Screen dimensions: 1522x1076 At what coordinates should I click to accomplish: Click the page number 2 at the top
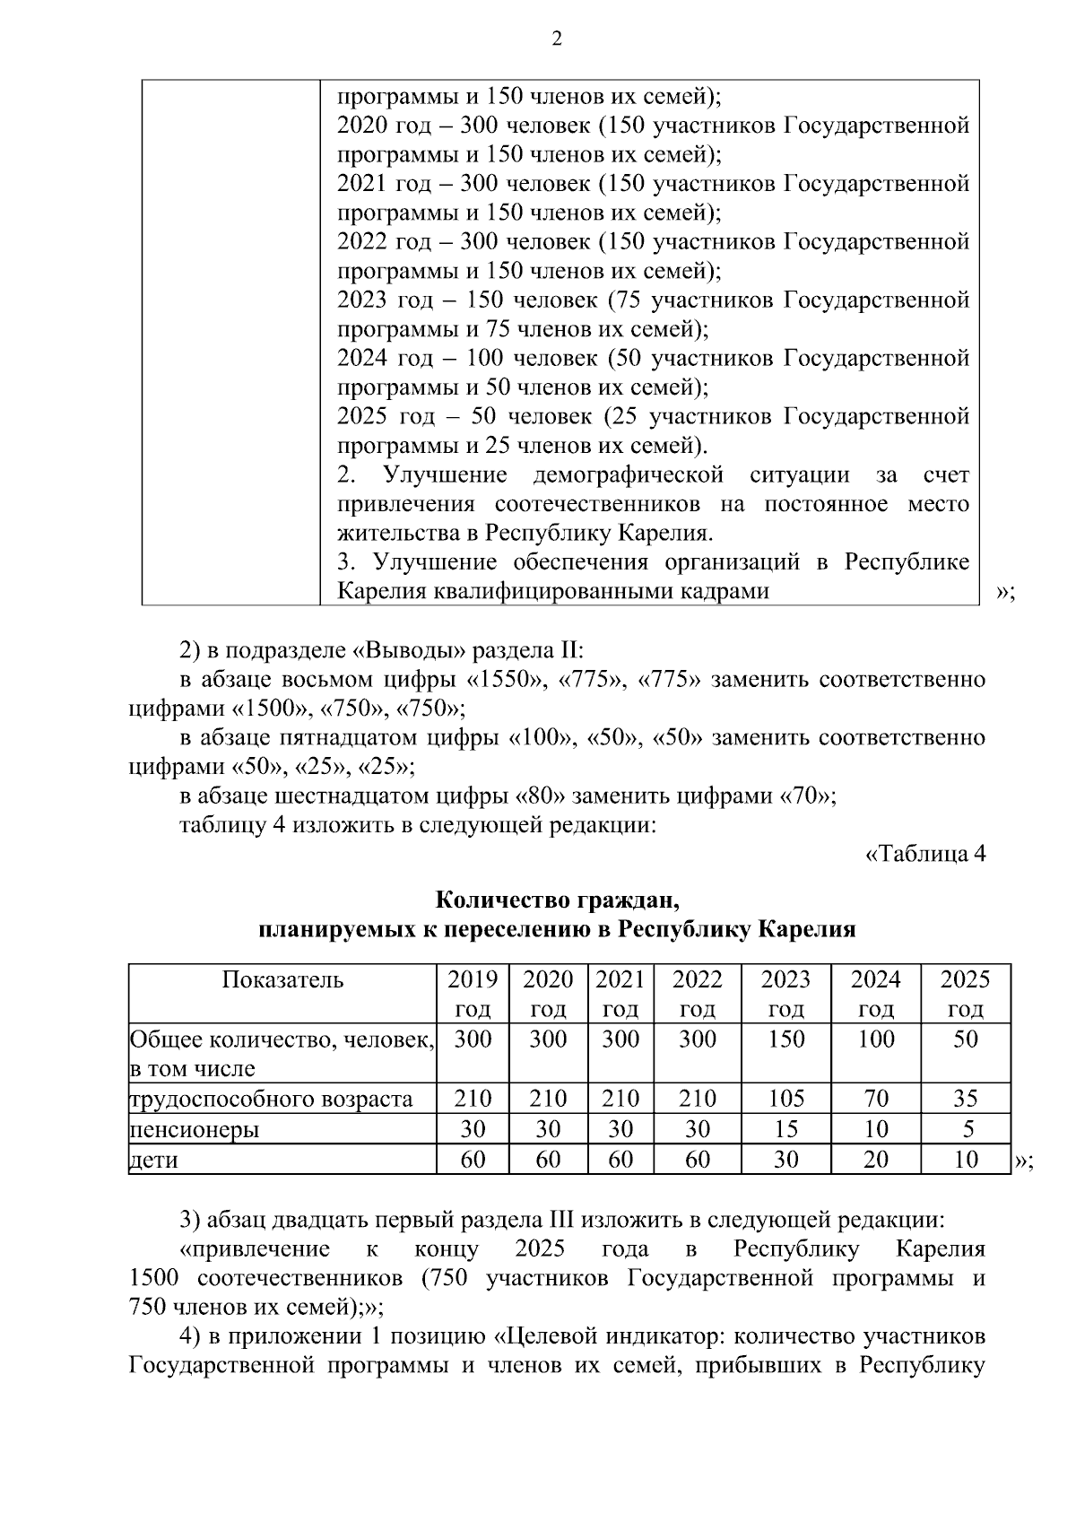coord(556,39)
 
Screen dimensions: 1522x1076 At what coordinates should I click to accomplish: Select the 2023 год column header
coord(785,993)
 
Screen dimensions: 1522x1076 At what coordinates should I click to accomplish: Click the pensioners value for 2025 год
coord(965,1128)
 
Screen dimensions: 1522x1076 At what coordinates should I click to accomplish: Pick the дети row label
coord(154,1160)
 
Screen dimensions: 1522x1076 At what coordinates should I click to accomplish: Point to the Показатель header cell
coord(282,979)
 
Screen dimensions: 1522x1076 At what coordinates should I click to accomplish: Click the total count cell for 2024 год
coord(875,1039)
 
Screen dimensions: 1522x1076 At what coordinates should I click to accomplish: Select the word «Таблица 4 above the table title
coord(924,853)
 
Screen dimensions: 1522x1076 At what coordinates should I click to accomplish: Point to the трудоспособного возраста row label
coord(271,1099)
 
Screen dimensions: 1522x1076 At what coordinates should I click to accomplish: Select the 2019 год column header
coord(473,993)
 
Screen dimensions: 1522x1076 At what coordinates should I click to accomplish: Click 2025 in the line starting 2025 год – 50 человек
coord(362,417)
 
